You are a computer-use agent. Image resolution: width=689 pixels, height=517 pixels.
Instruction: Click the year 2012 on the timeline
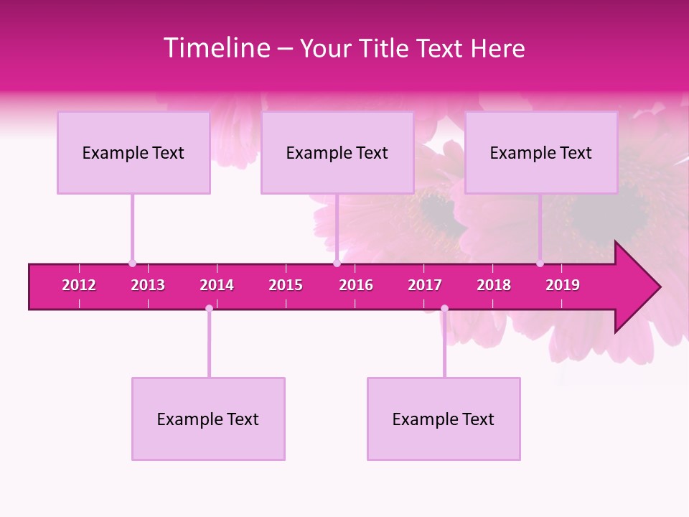[x=79, y=285]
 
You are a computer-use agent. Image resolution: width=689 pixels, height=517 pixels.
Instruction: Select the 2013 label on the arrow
[x=148, y=285]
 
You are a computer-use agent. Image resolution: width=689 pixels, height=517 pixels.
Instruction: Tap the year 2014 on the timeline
[x=217, y=285]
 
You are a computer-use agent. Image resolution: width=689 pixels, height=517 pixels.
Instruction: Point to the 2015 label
[x=286, y=285]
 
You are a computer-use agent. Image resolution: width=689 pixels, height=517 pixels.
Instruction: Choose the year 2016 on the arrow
[x=356, y=285]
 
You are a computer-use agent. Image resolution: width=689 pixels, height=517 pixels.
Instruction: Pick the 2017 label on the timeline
[x=425, y=285]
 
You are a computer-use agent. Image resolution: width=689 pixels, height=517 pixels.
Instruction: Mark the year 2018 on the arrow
[x=494, y=285]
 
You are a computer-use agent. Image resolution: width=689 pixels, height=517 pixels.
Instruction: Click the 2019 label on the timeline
[x=563, y=285]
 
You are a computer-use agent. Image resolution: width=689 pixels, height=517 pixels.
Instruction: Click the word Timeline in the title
[x=216, y=48]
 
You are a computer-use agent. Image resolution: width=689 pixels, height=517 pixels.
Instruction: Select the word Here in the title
[x=497, y=48]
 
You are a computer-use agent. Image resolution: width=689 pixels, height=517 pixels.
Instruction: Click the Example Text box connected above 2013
[x=133, y=152]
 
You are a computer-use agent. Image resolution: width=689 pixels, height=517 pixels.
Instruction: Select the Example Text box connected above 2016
[x=337, y=152]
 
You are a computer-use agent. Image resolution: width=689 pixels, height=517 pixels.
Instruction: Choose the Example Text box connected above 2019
[x=541, y=152]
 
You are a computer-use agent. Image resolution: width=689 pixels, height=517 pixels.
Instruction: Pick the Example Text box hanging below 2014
[x=208, y=419]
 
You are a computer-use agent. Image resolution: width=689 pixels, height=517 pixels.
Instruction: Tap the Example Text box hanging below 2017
[x=444, y=419]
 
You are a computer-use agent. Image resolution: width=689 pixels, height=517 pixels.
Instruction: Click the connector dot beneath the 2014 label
[x=209, y=309]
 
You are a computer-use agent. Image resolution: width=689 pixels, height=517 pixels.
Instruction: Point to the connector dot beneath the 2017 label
[x=444, y=309]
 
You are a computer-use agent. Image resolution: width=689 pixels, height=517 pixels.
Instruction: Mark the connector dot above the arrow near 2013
[x=132, y=264]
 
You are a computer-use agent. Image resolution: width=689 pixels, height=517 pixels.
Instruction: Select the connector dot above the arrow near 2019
[x=540, y=264]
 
